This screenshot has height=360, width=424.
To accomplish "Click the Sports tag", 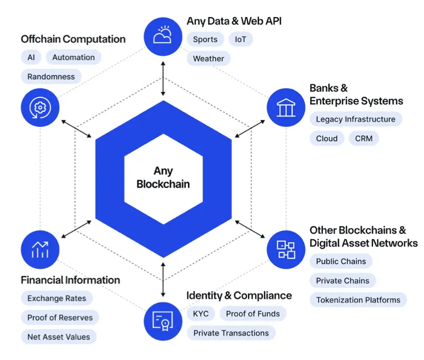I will point(205,39).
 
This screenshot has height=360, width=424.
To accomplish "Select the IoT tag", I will point(240,39).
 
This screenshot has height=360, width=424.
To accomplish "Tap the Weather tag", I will point(209,59).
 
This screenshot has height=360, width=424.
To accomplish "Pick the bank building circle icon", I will point(285,107).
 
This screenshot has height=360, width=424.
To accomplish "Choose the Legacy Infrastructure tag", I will point(355,119).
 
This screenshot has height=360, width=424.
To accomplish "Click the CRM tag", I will point(364,138).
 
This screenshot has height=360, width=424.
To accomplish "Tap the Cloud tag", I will point(327,138).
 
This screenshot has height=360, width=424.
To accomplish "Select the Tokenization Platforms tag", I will point(358,300).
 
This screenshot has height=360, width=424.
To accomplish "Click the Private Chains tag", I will point(343,281).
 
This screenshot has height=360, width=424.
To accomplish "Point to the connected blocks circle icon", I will point(285,249).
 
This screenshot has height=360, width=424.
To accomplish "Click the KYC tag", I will point(201,314).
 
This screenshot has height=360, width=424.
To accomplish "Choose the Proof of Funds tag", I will point(253,314).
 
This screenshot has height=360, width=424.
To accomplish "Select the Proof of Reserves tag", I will point(60,318).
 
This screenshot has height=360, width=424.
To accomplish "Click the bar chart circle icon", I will point(40,249).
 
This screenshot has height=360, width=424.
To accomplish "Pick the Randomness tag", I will point(51,77).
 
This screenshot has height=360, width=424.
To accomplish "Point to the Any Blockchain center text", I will point(163,178).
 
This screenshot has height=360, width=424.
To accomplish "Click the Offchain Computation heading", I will point(73,39).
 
